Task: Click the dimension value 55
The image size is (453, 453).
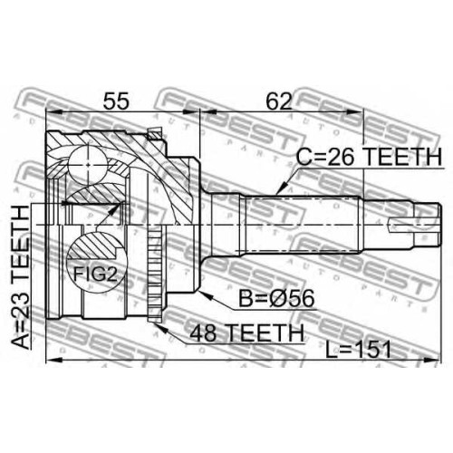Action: click(x=116, y=101)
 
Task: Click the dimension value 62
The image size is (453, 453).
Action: click(x=279, y=101)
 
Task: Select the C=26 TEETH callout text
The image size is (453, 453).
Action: click(x=369, y=157)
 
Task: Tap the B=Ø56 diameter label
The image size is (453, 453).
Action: click(x=276, y=298)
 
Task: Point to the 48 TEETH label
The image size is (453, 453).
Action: click(x=246, y=333)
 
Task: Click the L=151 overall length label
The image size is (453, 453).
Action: click(x=359, y=350)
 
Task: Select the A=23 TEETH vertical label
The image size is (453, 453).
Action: click(x=20, y=277)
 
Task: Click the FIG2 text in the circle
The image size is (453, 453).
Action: click(x=95, y=275)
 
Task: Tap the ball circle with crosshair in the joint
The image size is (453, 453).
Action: click(x=88, y=165)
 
